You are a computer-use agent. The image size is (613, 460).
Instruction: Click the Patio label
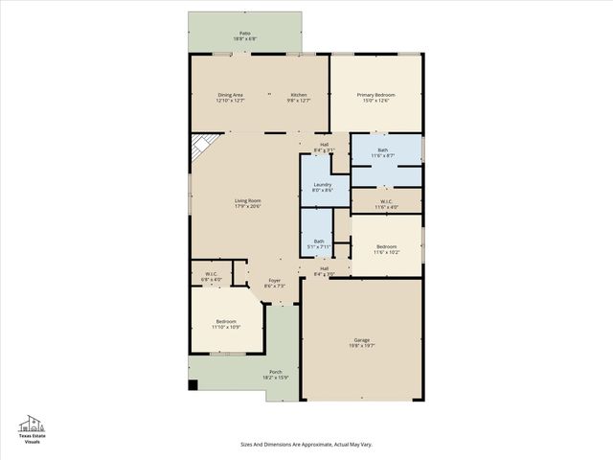244,35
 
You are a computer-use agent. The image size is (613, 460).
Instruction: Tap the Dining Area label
231,97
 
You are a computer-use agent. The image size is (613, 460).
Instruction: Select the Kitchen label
299,97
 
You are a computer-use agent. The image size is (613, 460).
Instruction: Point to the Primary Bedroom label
376,97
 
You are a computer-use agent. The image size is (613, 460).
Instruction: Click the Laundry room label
322,187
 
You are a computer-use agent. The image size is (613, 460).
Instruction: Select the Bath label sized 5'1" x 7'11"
318,243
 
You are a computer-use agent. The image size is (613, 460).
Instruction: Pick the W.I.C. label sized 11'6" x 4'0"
385,204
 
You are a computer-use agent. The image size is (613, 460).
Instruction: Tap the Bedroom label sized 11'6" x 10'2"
386,249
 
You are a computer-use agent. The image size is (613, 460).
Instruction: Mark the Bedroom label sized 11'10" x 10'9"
226,323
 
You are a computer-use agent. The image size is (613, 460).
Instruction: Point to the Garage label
361,342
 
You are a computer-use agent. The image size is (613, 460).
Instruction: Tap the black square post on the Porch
193,386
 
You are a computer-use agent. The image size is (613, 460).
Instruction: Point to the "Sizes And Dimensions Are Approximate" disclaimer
306,444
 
